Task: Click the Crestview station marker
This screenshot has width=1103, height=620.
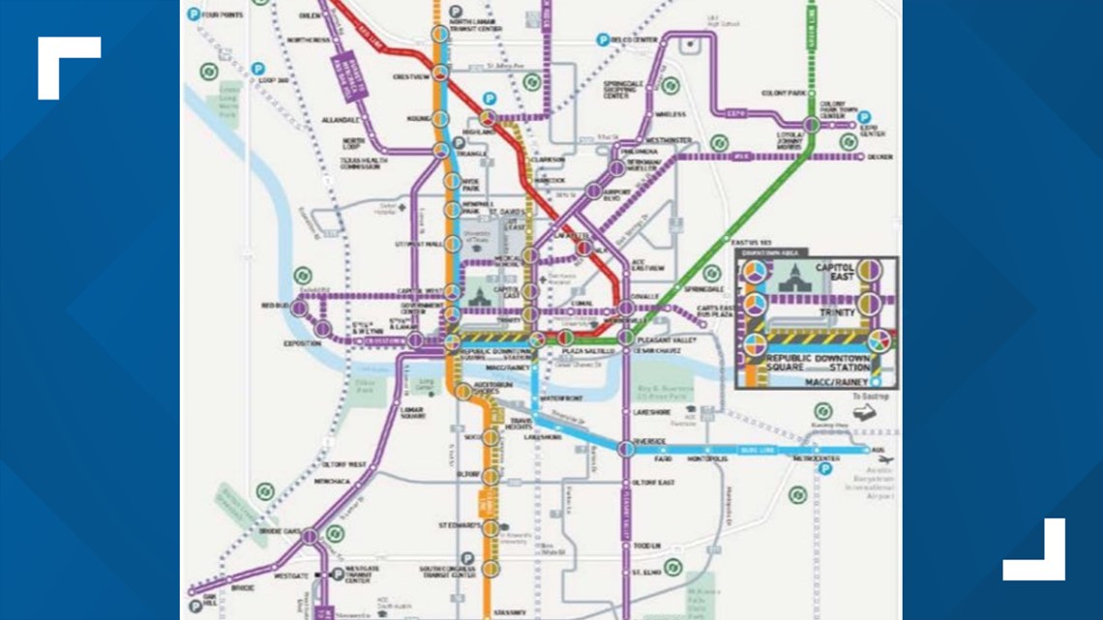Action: pos(440,74)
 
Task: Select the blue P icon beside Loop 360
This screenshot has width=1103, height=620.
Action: pos(258,69)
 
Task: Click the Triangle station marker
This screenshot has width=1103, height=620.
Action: pos(441,150)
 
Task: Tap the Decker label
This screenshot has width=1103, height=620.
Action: pos(880,156)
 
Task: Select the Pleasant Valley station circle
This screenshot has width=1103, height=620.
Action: pos(626,338)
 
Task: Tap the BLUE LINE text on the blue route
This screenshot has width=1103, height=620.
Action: pos(756,450)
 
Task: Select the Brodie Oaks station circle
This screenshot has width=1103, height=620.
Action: pos(309,535)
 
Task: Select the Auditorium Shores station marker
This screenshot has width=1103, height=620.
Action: pos(463,390)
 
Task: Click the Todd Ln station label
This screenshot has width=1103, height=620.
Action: pos(646,546)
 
